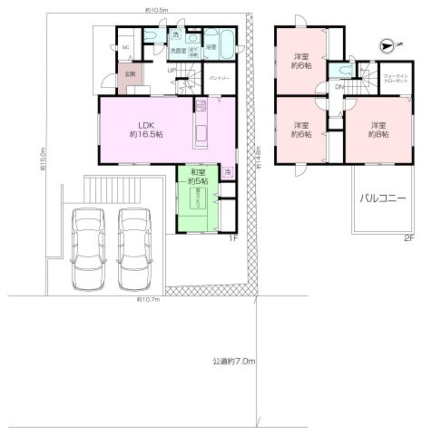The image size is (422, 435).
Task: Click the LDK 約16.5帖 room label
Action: pos(143,129)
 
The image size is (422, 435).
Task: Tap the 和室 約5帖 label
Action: pos(198,177)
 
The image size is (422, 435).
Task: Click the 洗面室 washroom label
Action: pos(177,50)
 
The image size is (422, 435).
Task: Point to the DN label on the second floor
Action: pos(339,87)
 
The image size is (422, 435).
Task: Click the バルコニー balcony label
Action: pos(381,197)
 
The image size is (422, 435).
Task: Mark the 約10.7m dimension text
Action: pos(148,297)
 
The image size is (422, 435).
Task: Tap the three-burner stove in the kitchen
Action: pos(202,108)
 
